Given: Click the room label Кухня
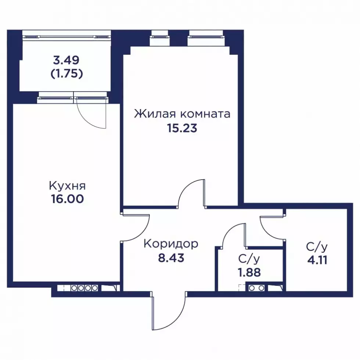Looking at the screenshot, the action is tap(67, 186).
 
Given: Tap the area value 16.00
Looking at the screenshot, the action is tap(67, 199).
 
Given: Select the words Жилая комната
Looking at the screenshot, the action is tap(182, 114).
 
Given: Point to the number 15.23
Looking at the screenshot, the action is tap(182, 128).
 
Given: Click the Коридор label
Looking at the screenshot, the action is tap(171, 244).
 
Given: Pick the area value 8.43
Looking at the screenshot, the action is tap(171, 258).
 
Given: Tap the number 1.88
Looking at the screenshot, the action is tap(249, 273).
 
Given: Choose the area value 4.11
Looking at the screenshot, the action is tap(317, 260).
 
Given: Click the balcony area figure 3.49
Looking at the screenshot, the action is tap(66, 60).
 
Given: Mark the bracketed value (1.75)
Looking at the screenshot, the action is tap(66, 74).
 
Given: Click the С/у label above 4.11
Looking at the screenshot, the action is tap(317, 247).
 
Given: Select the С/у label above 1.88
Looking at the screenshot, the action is tap(249, 259).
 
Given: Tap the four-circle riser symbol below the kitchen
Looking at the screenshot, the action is tap(84, 288).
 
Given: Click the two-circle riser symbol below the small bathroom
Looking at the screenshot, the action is tap(256, 288).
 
